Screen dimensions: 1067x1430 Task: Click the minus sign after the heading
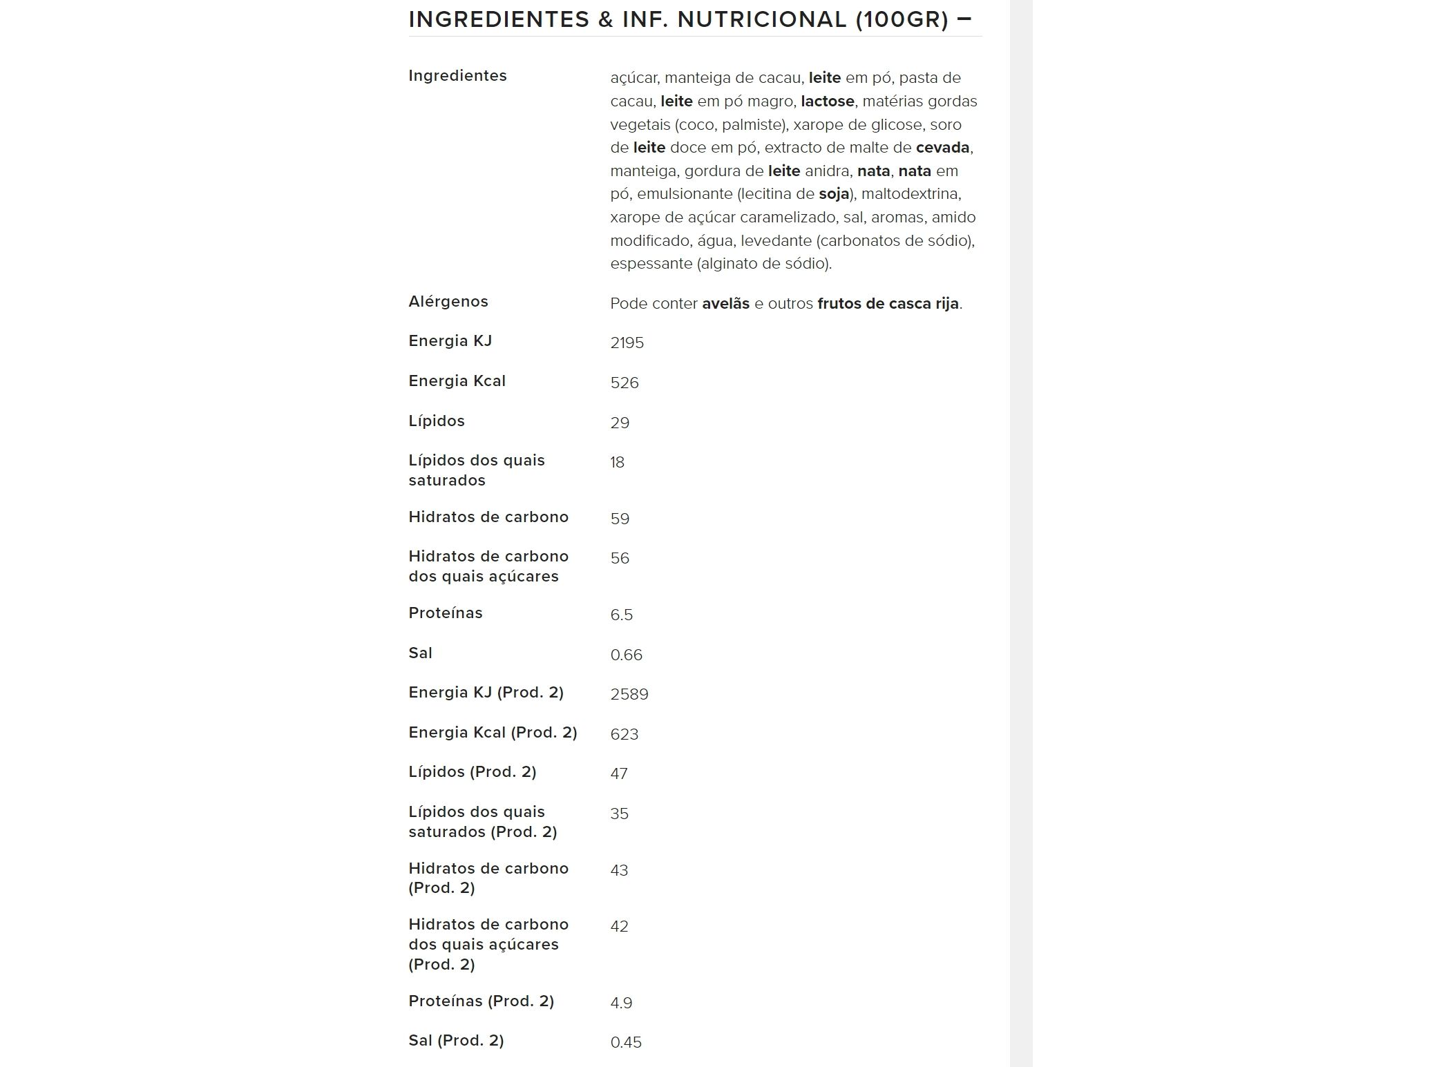(x=964, y=19)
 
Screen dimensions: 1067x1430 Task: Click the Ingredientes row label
(x=457, y=76)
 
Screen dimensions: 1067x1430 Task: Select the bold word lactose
(x=827, y=102)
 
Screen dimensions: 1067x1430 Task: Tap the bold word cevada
(x=942, y=148)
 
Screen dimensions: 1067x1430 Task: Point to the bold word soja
(x=834, y=194)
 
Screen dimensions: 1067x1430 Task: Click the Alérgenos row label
(x=448, y=302)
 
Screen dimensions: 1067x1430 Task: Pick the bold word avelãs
(x=725, y=304)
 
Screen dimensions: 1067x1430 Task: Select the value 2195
(x=627, y=343)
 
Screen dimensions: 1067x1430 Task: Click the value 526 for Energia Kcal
(x=624, y=383)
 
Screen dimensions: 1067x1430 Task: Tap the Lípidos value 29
(x=620, y=423)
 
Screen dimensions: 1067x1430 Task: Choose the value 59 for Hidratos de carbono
(x=620, y=519)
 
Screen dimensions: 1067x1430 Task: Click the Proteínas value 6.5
(x=621, y=615)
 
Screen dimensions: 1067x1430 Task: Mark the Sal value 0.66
(x=626, y=655)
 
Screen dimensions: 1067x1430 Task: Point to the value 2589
(x=629, y=695)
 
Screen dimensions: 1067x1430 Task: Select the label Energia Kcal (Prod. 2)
(x=493, y=733)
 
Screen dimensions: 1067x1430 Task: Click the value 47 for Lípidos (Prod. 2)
(x=618, y=774)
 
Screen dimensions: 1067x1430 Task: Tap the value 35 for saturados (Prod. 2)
(x=619, y=814)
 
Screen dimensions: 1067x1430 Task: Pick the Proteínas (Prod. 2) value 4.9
(x=621, y=1003)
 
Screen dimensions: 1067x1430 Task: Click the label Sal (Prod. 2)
(x=456, y=1041)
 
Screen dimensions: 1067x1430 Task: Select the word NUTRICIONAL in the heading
(x=761, y=19)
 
